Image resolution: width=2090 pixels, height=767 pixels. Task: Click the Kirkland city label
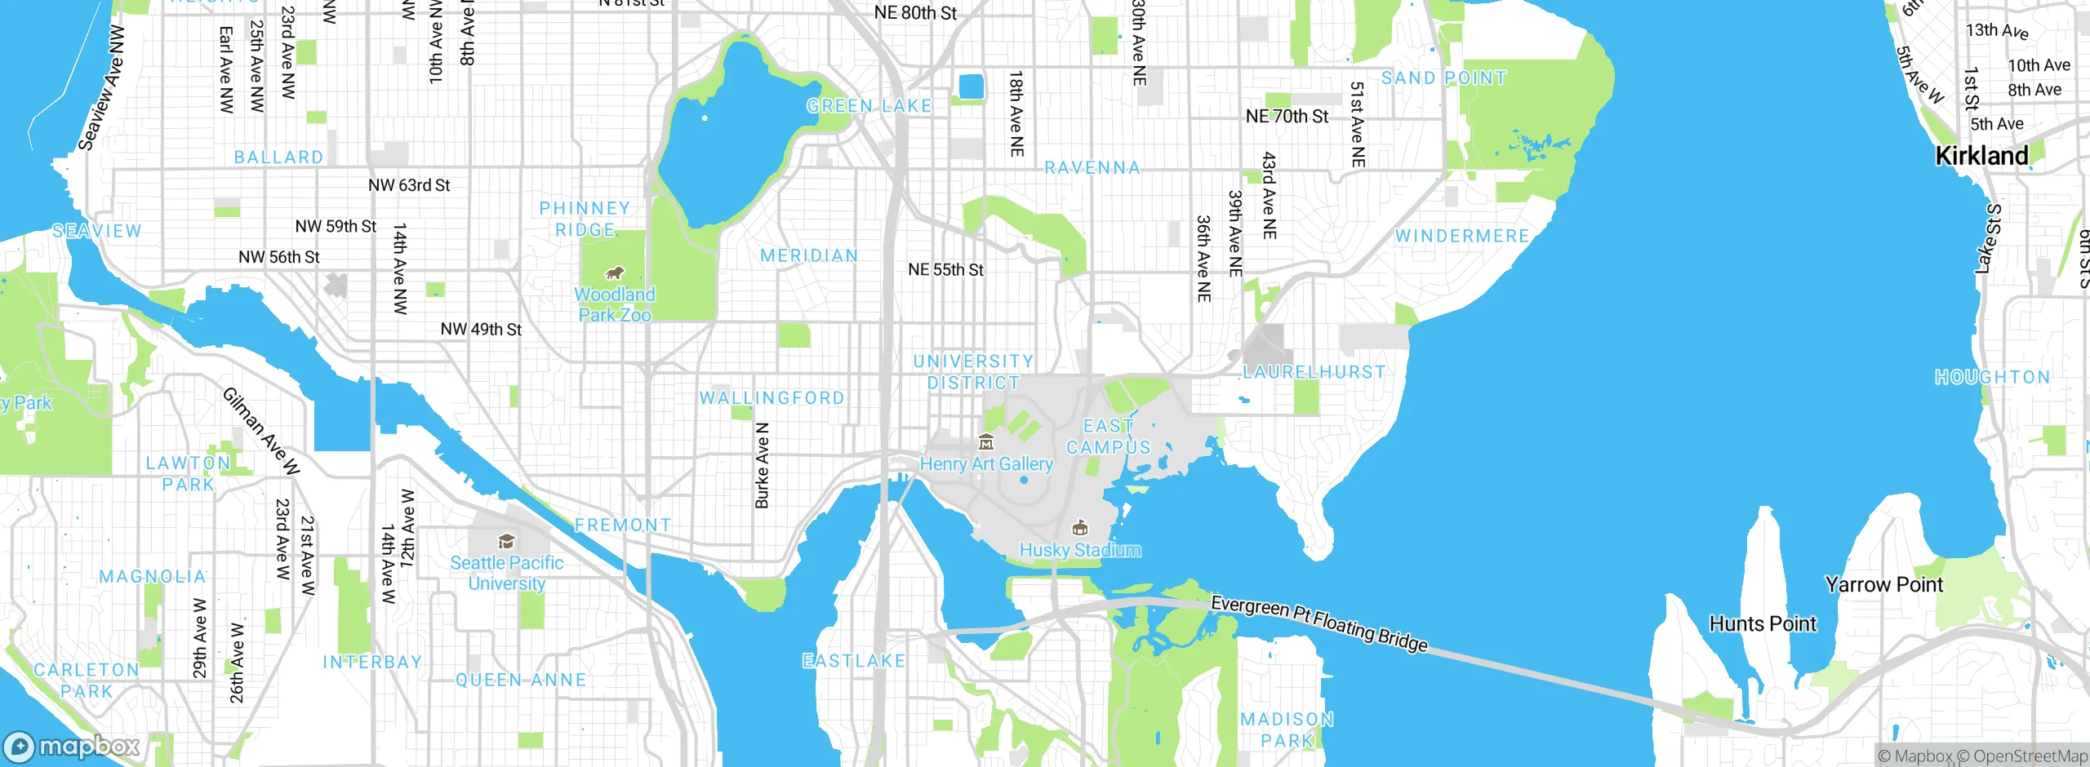[1981, 156]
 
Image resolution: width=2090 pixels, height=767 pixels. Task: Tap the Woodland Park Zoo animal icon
[614, 273]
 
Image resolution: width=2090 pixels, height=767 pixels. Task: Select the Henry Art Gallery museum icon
[986, 443]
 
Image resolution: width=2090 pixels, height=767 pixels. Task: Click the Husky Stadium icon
[1080, 528]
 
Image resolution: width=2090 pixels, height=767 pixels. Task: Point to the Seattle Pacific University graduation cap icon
[506, 542]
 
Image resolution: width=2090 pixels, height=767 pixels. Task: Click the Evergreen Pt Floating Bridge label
[1318, 624]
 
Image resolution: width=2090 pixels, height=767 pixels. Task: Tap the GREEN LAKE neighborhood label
[869, 106]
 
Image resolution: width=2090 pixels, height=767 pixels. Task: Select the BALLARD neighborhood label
[278, 157]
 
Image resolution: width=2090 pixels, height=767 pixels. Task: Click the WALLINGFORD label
[772, 398]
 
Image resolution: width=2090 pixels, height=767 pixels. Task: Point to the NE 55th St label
[945, 269]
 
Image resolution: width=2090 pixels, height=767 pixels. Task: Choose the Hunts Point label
[1763, 624]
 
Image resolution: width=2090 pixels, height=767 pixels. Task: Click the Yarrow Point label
[1883, 585]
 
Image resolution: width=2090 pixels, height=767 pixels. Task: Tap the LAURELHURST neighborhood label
[1314, 372]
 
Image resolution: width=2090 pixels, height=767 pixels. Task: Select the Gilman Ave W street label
[261, 431]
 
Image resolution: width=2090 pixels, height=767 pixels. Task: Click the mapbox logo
[72, 747]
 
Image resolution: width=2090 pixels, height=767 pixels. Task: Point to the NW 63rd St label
[409, 185]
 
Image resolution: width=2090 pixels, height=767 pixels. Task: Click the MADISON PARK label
[1287, 729]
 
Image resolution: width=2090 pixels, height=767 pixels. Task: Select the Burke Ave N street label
[762, 465]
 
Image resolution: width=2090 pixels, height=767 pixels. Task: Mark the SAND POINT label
[1443, 78]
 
